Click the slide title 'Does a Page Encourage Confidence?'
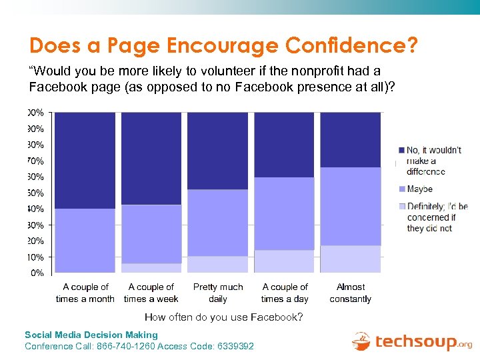click(x=223, y=45)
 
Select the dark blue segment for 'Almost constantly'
click(x=351, y=139)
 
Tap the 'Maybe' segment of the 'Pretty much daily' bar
click(x=217, y=223)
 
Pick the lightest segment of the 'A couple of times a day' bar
click(x=284, y=261)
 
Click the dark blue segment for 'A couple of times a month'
click(x=85, y=160)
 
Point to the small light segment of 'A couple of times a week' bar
click(x=151, y=267)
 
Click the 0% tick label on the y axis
click(x=37, y=273)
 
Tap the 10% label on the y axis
click(x=36, y=257)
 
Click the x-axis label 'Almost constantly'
click(x=351, y=293)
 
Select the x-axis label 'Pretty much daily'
click(x=218, y=293)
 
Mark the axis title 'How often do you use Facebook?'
click(x=223, y=317)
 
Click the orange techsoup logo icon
click(x=361, y=341)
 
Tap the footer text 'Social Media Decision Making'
click(x=91, y=335)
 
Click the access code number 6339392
click(x=235, y=346)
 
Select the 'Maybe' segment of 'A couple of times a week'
click(x=151, y=234)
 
